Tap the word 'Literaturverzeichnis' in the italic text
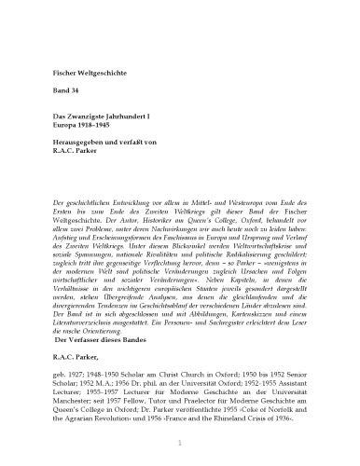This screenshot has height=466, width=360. click(x=92, y=336)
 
